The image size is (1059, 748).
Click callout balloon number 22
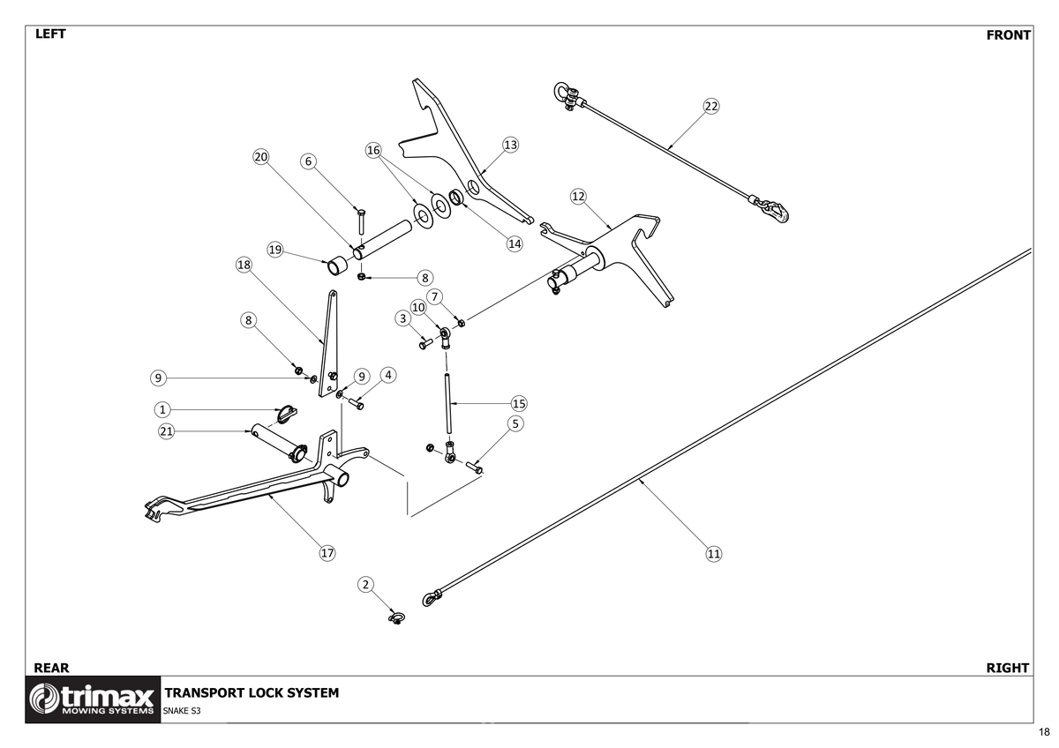click(x=711, y=106)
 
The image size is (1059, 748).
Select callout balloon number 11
click(x=714, y=554)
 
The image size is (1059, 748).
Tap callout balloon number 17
click(x=327, y=553)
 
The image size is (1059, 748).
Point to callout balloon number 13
click(x=510, y=144)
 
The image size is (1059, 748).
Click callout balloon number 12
click(x=578, y=196)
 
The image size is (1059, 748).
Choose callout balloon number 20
click(x=260, y=157)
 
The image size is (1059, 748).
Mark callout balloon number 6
click(x=308, y=161)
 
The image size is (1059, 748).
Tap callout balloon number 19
click(x=275, y=250)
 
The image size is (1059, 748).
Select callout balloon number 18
click(x=244, y=265)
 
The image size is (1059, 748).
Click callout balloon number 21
click(x=166, y=431)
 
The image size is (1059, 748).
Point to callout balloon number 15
click(x=519, y=403)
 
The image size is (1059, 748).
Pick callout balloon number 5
click(x=516, y=423)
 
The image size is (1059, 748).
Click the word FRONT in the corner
click(x=1008, y=35)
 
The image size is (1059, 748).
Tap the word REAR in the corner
click(x=50, y=668)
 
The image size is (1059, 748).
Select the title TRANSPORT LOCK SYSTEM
click(x=252, y=693)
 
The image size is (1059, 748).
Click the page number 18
click(x=1044, y=733)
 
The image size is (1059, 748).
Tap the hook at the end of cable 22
click(x=776, y=211)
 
